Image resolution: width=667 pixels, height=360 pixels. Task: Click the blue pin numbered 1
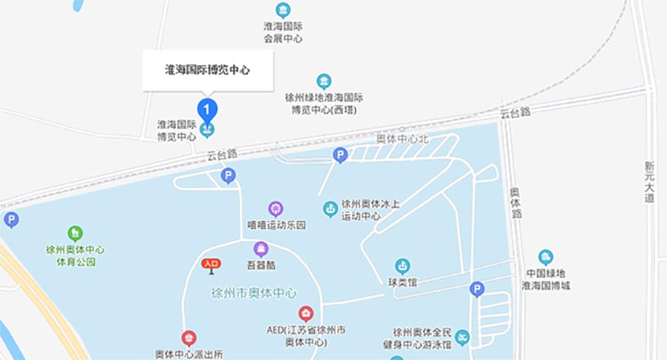pos(208,108)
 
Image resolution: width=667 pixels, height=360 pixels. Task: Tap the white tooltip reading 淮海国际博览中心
pos(207,70)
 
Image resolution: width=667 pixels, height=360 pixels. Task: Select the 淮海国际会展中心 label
pos(283,32)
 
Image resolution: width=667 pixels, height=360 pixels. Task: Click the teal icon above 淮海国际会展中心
pos(283,10)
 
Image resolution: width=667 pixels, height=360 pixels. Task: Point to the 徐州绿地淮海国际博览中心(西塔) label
pos(324,103)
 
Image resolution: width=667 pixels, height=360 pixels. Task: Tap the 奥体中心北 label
pos(402,139)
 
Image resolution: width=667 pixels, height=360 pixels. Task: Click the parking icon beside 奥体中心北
pos(340,155)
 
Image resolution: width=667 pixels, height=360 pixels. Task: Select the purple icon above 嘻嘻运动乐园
pos(276,209)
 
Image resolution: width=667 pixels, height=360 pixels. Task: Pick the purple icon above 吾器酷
pos(261,249)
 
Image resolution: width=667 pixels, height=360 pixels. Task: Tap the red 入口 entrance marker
pos(211,264)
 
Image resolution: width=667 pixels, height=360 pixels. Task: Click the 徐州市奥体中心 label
pos(254,293)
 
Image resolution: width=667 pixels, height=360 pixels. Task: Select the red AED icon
pos(305,313)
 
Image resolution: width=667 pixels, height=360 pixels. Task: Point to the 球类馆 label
pos(403,283)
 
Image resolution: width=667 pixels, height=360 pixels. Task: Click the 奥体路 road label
pos(516,203)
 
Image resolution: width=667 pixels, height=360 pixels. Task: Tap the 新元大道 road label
pos(649,181)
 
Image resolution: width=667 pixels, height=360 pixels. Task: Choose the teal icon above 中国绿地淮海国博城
pos(546,257)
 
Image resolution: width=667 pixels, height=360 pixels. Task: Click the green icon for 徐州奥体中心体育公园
pos(75,233)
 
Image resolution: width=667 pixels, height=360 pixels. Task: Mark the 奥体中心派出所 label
pos(189,354)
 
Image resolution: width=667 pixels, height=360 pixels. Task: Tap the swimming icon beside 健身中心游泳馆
pos(463,338)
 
